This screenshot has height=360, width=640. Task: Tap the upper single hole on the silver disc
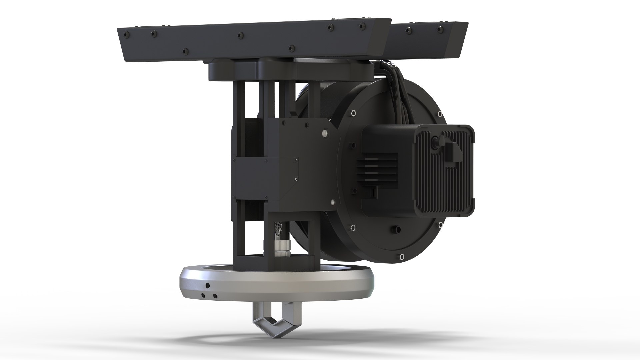pos(208,285)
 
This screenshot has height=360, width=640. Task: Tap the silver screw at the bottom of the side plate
pos(333,202)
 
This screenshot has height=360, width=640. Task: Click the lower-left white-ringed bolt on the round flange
pos(352,228)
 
